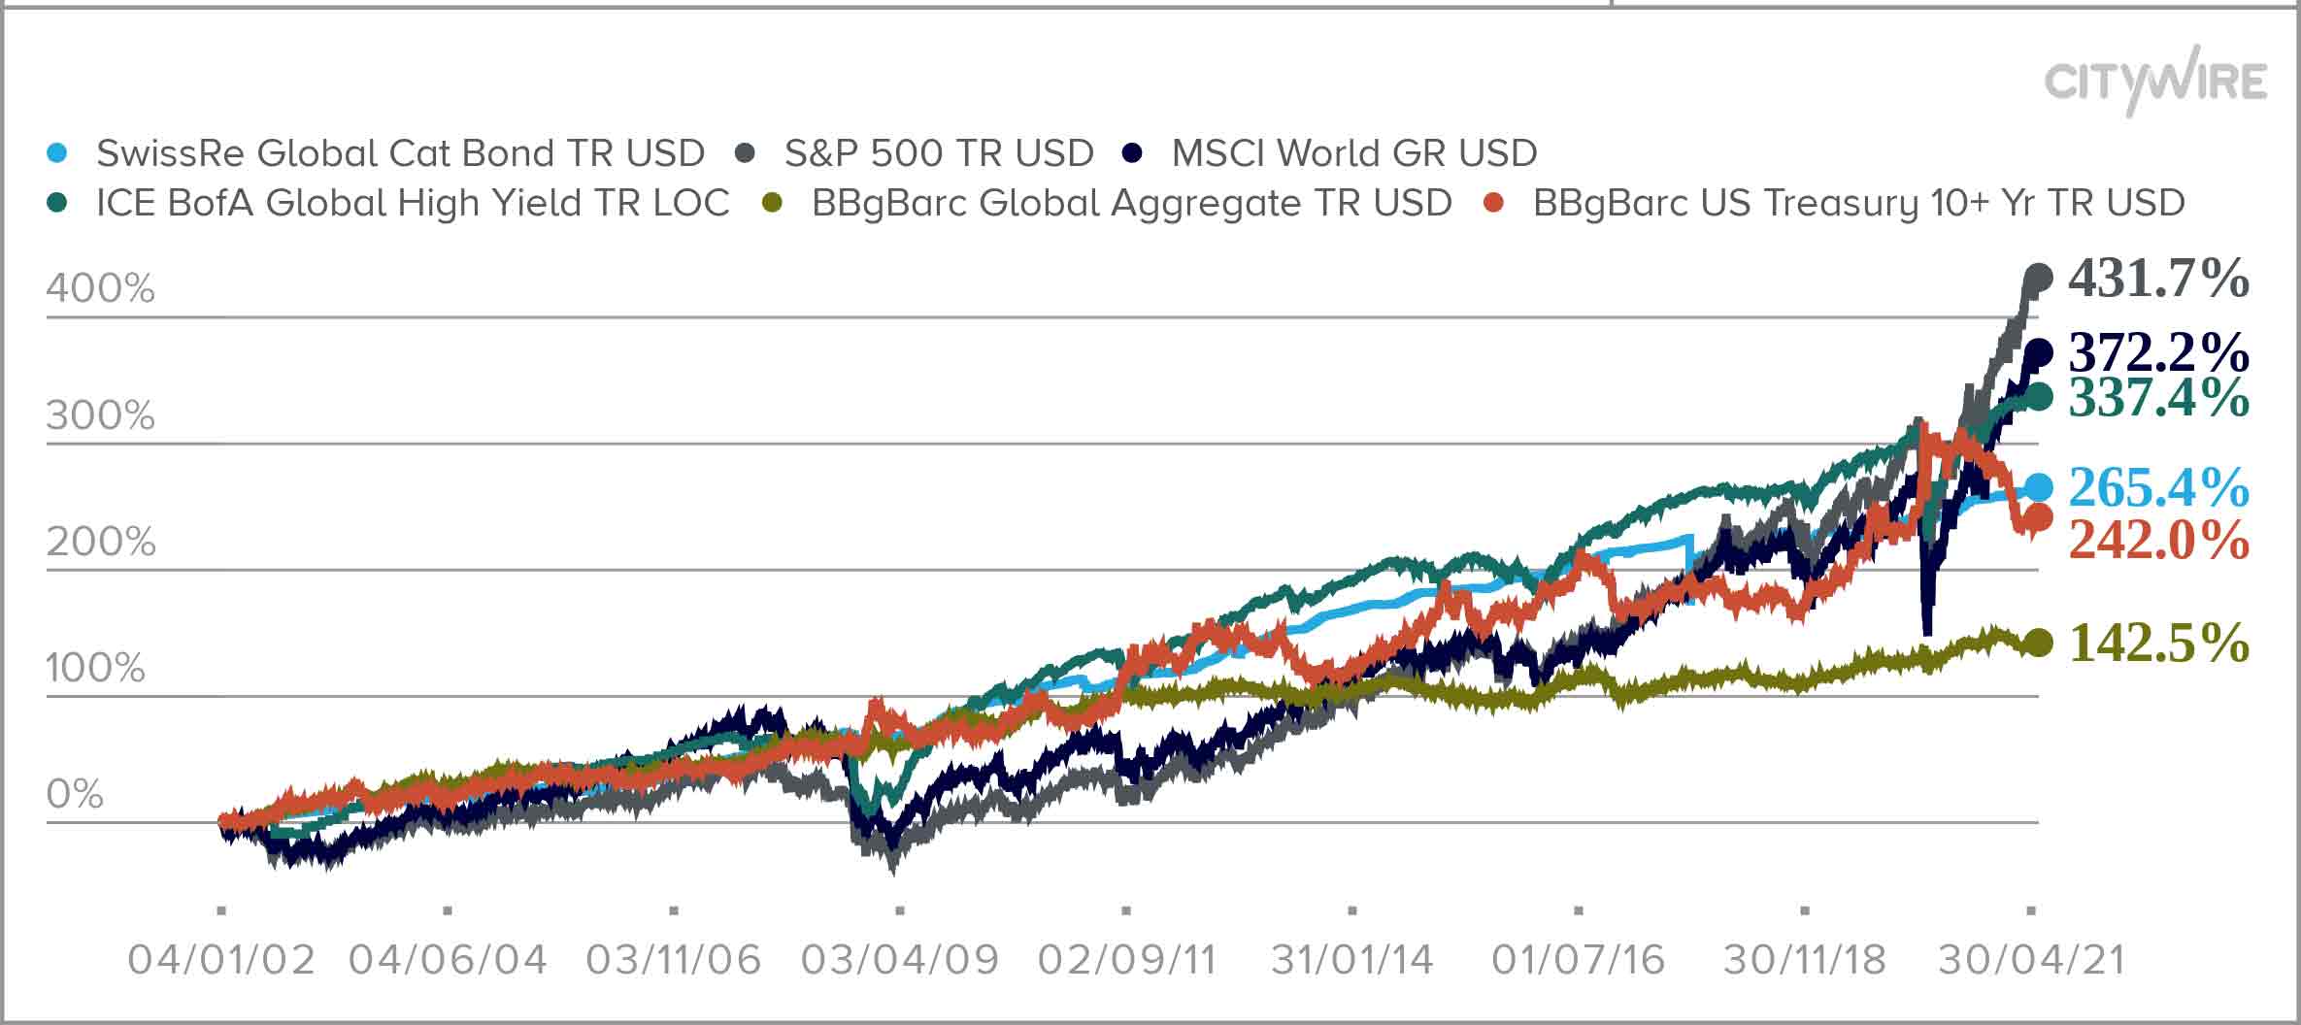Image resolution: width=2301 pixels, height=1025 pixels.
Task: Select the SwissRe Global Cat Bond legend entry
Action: [399, 153]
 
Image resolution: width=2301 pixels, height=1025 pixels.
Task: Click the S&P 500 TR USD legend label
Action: [938, 153]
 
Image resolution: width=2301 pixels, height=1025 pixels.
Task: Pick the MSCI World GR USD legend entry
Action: [1353, 153]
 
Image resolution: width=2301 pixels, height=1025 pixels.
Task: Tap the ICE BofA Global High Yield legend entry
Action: [412, 203]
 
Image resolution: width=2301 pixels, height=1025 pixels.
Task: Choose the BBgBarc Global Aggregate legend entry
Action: [1131, 203]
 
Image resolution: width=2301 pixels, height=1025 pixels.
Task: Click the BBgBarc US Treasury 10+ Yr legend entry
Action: [1858, 203]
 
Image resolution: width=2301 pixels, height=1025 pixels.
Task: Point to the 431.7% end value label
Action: [2157, 279]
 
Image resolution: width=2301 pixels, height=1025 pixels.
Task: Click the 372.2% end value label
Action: [2157, 352]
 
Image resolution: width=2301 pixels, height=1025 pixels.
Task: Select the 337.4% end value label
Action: [2157, 397]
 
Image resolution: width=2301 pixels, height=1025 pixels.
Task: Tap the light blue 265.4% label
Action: [2157, 487]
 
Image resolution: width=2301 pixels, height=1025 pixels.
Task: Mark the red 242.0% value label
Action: [2157, 540]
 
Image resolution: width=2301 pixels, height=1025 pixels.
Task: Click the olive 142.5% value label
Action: [2157, 643]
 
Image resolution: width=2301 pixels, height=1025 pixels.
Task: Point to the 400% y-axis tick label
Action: [100, 289]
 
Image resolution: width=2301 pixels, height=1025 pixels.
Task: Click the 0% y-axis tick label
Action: [75, 794]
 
